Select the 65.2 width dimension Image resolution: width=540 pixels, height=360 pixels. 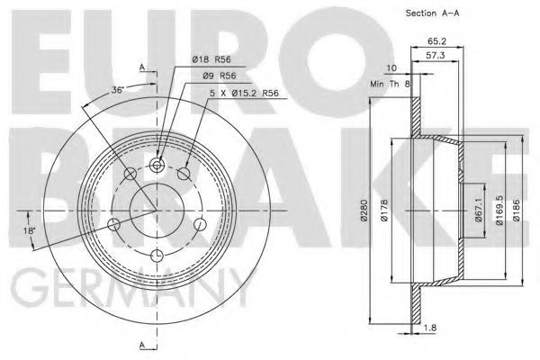(438, 40)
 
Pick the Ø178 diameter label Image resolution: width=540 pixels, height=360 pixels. (384, 212)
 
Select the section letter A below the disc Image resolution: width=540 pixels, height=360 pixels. (142, 346)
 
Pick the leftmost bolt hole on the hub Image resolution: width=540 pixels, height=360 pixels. (113, 224)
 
